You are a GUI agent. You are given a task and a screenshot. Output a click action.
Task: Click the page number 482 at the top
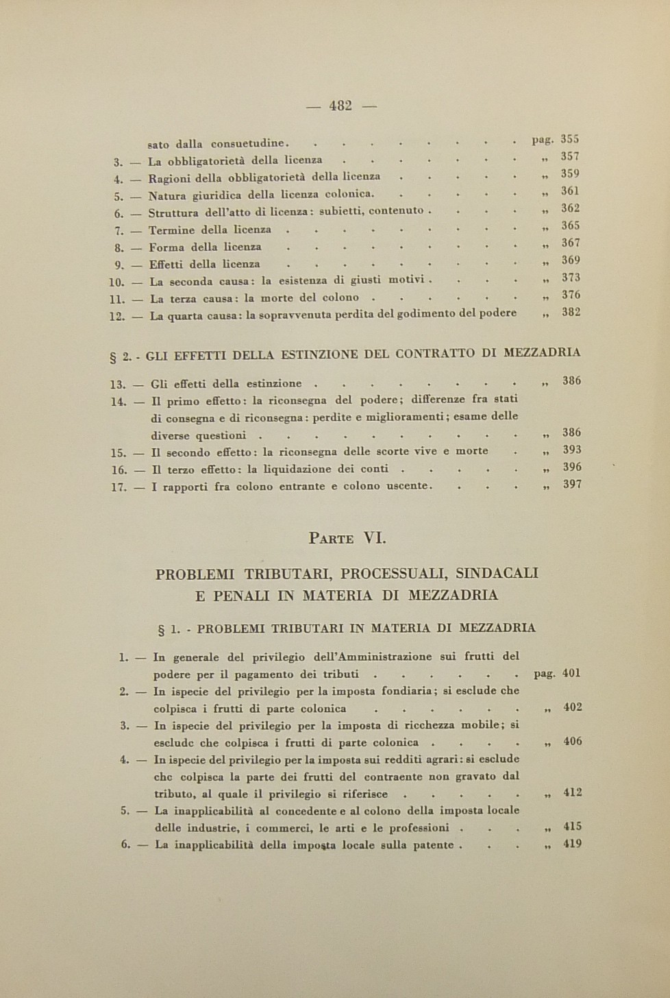[340, 106]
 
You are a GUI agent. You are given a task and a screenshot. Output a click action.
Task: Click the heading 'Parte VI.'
[347, 538]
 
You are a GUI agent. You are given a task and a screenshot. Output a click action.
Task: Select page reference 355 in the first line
[570, 140]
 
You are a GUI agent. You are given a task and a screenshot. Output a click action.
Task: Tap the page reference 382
[571, 313]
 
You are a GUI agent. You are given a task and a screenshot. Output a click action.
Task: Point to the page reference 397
[572, 485]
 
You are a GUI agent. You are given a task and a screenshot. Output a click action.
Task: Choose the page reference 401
[571, 673]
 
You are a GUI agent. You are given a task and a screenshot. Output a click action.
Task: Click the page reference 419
[572, 844]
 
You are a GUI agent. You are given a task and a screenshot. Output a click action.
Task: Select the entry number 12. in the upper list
[117, 317]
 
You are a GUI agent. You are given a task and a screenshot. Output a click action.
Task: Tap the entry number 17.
[119, 487]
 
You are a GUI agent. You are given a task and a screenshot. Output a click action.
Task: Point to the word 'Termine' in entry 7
[172, 230]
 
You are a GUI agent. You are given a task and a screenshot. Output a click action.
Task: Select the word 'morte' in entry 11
[275, 298]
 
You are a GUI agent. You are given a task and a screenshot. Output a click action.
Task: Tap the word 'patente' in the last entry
[434, 845]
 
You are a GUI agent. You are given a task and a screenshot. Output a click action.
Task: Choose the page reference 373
[571, 278]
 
